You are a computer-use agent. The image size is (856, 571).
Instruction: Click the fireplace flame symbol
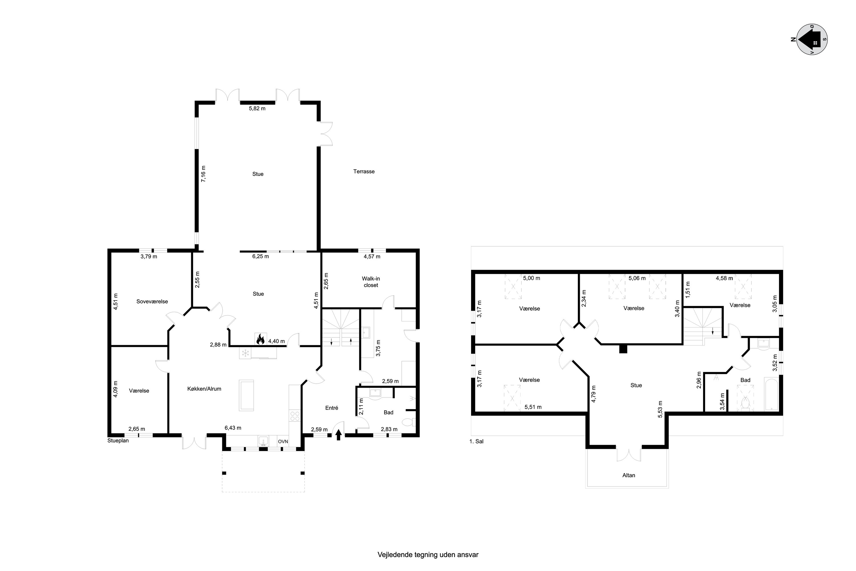click(x=260, y=339)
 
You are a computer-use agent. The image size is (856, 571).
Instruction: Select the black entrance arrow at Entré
click(x=338, y=435)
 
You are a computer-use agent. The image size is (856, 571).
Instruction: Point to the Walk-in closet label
click(x=371, y=282)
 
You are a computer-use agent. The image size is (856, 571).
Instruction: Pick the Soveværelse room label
click(x=152, y=301)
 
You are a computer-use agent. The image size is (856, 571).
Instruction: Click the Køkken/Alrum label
click(x=204, y=389)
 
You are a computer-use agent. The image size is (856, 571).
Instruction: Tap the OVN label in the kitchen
click(x=283, y=442)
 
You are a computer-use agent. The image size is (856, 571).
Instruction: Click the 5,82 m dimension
click(x=257, y=108)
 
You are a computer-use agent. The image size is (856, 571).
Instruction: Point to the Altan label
click(x=629, y=475)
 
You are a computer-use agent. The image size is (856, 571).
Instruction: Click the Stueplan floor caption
click(x=118, y=440)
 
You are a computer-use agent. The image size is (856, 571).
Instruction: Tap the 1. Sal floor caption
click(x=477, y=441)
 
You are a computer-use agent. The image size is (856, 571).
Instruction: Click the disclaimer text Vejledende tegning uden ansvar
click(x=428, y=555)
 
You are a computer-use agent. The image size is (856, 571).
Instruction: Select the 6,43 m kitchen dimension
click(x=233, y=428)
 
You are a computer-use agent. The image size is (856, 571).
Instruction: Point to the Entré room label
click(x=332, y=408)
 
